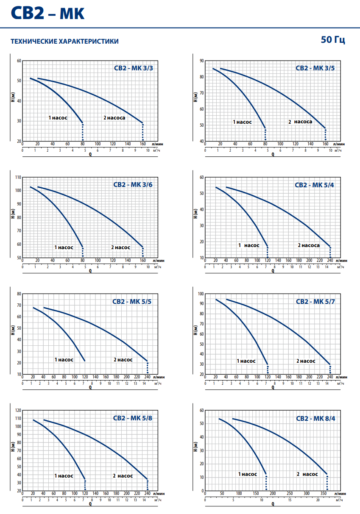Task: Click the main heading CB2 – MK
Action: coord(47,13)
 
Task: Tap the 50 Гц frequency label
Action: coord(333,40)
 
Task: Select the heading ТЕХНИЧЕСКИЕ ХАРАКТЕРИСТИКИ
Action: coord(65,41)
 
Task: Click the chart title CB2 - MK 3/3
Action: coord(134,68)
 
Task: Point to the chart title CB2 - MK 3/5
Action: coord(315,68)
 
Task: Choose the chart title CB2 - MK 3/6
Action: coord(133,185)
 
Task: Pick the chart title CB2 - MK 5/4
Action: coord(314,185)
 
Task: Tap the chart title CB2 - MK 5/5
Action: coord(132,302)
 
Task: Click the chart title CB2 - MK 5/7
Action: coord(315,302)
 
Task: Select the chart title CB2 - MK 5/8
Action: coord(132,418)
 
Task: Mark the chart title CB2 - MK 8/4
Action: coord(315,419)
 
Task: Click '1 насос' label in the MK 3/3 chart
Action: coord(58,118)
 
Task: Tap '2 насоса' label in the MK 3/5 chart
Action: coord(300,122)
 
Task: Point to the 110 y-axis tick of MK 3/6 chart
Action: coord(18,177)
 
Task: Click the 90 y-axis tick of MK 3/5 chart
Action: coord(201,61)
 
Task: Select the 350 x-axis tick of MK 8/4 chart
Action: coord(323,493)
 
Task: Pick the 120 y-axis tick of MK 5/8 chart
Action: coord(18,410)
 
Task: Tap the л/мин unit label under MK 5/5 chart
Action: coord(159,377)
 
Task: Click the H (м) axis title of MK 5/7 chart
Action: coord(195,330)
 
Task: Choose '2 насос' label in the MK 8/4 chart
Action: coord(307,474)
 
